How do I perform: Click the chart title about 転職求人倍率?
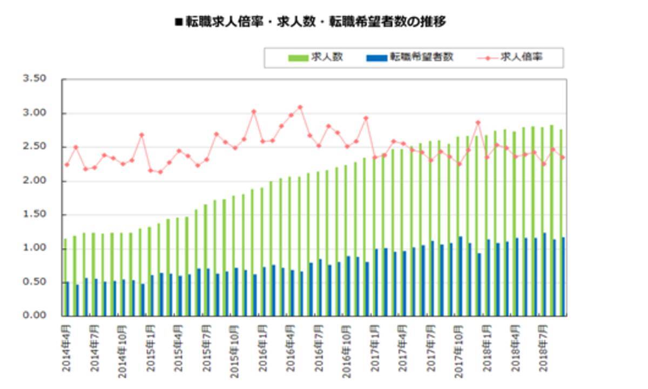tap(310, 22)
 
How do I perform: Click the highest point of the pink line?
tap(300, 107)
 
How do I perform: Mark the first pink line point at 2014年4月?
tap(66, 165)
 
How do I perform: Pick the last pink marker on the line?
tap(562, 157)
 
